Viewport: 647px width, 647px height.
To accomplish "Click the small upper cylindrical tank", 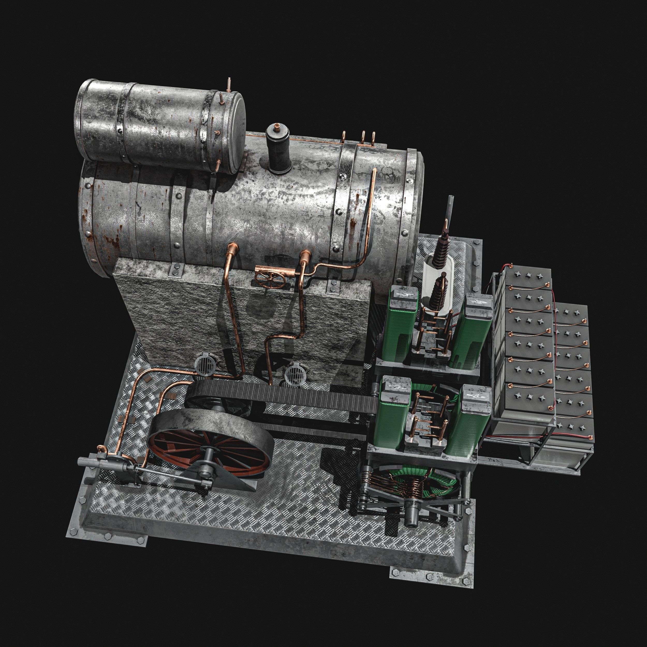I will point(157,127).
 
